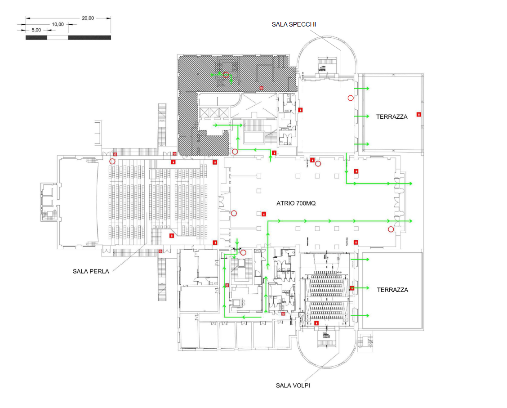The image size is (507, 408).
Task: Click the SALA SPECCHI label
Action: pyautogui.click(x=294, y=24)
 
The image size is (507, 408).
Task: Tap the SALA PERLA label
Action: pyautogui.click(x=91, y=271)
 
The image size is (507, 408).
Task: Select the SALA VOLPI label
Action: pyautogui.click(x=293, y=385)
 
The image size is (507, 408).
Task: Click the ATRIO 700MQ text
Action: pyautogui.click(x=296, y=203)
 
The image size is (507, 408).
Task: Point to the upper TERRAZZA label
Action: pyautogui.click(x=391, y=117)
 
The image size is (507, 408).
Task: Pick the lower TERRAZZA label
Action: pyautogui.click(x=392, y=290)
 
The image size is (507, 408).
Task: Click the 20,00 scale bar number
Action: pyautogui.click(x=88, y=18)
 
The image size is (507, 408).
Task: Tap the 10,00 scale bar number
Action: pyautogui.click(x=58, y=24)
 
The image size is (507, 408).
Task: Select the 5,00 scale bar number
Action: pyautogui.click(x=36, y=30)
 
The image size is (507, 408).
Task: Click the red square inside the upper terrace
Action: pyautogui.click(x=418, y=114)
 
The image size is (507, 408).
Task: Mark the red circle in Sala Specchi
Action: pyautogui.click(x=350, y=98)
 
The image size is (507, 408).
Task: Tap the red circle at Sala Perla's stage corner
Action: pyautogui.click(x=112, y=161)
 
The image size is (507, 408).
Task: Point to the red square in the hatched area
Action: pyautogui.click(x=261, y=87)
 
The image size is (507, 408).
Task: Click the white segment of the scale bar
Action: pyautogui.click(x=58, y=37)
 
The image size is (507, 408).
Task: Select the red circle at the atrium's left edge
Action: pyautogui.click(x=233, y=213)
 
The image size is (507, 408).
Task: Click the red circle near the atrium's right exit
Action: pyautogui.click(x=391, y=229)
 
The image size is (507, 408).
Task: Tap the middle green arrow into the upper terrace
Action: pyautogui.click(x=362, y=116)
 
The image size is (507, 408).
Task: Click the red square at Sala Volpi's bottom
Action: pyautogui.click(x=316, y=323)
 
